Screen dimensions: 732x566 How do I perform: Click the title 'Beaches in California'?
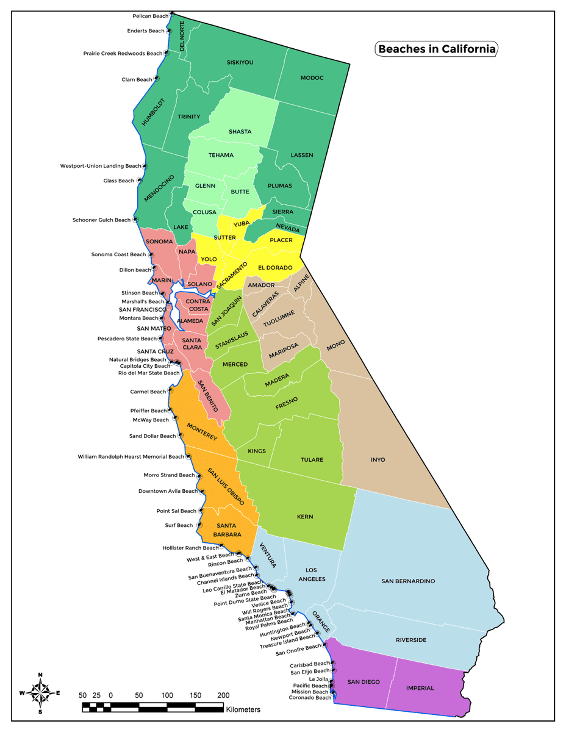click(x=436, y=49)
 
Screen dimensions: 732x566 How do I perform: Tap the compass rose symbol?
click(x=40, y=692)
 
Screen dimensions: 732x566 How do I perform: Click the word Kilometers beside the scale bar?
click(x=243, y=710)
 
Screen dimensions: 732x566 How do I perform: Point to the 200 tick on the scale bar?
click(x=223, y=695)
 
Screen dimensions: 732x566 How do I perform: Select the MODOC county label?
click(x=312, y=78)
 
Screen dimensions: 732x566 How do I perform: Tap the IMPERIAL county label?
click(x=420, y=688)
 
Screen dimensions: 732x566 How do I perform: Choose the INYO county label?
click(x=378, y=459)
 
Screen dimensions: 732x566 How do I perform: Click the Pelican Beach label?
click(x=150, y=16)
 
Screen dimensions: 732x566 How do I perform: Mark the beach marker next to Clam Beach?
click(x=157, y=79)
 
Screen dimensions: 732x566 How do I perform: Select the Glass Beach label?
click(x=118, y=181)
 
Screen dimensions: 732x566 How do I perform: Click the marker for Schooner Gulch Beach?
click(x=135, y=220)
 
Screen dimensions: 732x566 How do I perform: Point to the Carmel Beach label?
click(x=148, y=392)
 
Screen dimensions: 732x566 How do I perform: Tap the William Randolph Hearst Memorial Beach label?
click(x=131, y=456)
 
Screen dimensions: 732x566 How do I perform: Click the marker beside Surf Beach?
click(x=198, y=525)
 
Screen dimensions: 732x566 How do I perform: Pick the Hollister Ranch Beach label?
click(x=190, y=548)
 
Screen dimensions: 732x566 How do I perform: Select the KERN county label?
click(x=305, y=517)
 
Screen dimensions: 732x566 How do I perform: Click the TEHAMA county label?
click(x=221, y=155)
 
